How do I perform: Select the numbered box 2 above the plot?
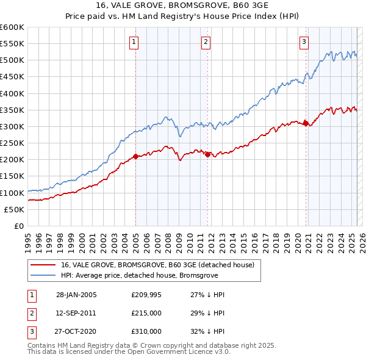tap(206, 42)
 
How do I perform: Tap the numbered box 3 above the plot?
tap(304, 42)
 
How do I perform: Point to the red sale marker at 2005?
tap(135, 156)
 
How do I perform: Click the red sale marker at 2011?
tap(207, 154)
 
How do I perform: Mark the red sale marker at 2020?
tap(306, 123)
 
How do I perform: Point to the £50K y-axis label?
tap(15, 209)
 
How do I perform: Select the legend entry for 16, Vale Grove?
tap(160, 265)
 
